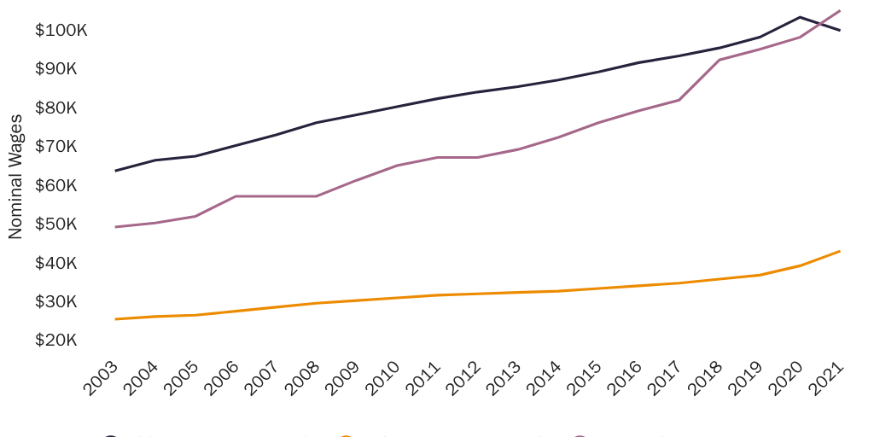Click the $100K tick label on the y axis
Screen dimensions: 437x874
[x=61, y=31]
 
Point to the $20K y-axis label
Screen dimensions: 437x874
[x=55, y=341]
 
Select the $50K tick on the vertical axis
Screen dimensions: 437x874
[x=55, y=224]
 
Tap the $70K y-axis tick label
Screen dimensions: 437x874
[x=55, y=147]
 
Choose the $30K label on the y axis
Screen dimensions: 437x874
[x=55, y=302]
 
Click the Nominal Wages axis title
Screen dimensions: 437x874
[x=15, y=176]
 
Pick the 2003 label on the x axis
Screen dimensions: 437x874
[x=102, y=377]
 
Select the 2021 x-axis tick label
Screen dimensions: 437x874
[x=826, y=377]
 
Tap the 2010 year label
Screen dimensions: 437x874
[x=383, y=377]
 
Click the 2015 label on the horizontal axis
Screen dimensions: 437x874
[x=585, y=377]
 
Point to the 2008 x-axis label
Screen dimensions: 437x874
[x=303, y=377]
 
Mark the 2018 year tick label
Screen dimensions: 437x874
[x=706, y=377]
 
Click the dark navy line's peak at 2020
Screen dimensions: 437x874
[x=800, y=17]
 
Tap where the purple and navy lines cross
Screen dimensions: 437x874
[x=819, y=25]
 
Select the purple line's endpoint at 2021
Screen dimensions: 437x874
[x=840, y=11]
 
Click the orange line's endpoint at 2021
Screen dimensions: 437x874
[x=840, y=251]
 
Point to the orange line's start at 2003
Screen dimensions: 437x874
[x=115, y=319]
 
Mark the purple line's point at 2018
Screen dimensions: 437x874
[x=720, y=60]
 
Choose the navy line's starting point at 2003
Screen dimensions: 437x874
[x=115, y=171]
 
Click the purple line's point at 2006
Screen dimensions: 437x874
[x=236, y=196]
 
